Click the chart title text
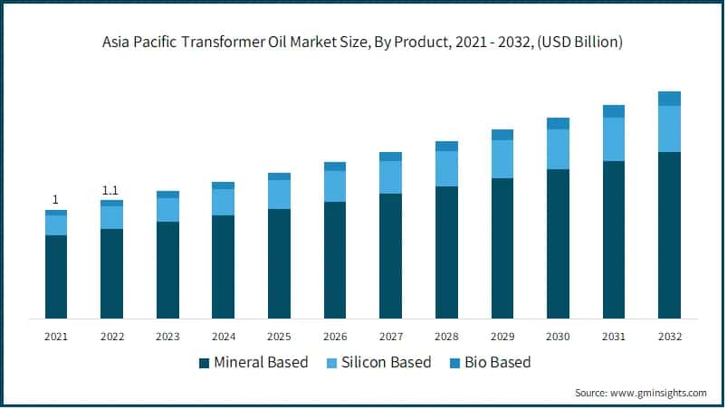[x=362, y=42]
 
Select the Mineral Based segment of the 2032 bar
[x=669, y=235]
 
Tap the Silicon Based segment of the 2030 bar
[x=558, y=149]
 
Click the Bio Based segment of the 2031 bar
[x=614, y=111]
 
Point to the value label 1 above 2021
[x=56, y=200]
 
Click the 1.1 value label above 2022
[x=111, y=190]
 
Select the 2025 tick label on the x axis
[x=279, y=337]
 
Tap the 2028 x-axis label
[x=446, y=337]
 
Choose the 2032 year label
[x=669, y=337]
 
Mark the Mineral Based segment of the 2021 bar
[x=56, y=277]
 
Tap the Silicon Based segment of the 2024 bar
[x=223, y=202]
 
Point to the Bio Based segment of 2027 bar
[x=390, y=157]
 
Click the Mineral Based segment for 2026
[x=335, y=260]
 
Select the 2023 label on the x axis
[x=167, y=337]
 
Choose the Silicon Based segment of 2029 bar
[x=502, y=159]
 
